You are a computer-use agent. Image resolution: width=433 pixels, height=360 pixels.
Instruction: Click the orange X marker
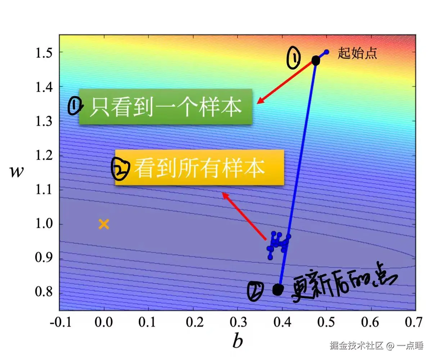coord(104,224)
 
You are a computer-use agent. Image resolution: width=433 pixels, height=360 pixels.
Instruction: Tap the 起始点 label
coord(357,54)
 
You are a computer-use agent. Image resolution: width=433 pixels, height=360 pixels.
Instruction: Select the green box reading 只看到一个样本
coord(165,107)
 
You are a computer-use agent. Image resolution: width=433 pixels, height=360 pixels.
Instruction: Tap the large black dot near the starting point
coord(316,60)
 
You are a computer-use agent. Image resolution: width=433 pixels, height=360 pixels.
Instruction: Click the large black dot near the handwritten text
coord(278,289)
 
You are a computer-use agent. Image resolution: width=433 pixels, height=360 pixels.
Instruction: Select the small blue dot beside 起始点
coord(326,52)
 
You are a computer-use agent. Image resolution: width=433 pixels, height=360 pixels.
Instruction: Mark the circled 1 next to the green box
coord(75,106)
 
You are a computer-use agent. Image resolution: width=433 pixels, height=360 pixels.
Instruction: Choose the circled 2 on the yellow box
coord(120,170)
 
